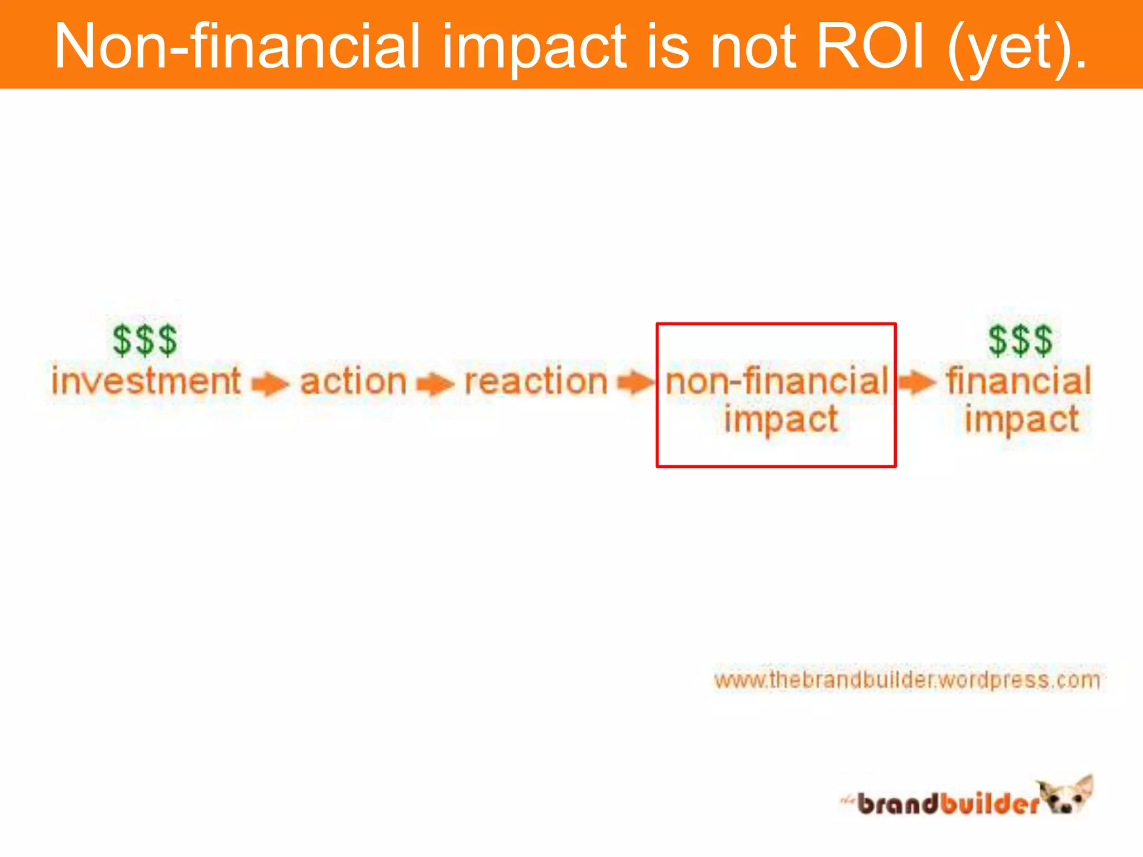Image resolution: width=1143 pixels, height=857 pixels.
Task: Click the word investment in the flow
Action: [146, 381]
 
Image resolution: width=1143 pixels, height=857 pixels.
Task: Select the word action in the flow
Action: [353, 382]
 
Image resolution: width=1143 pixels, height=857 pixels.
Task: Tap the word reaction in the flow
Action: [536, 382]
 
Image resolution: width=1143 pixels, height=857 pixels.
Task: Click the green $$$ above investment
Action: [145, 340]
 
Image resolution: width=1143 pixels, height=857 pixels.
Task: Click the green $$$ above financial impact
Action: [1020, 340]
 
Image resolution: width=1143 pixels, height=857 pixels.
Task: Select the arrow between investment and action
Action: [270, 384]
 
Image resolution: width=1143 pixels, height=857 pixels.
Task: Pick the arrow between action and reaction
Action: [435, 384]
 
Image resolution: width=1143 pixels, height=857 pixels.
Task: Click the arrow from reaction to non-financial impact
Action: [635, 383]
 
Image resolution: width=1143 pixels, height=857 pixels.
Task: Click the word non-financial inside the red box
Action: [777, 382]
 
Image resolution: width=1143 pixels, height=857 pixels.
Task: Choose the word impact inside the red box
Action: [781, 420]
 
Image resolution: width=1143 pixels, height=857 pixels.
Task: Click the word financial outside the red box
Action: [1019, 382]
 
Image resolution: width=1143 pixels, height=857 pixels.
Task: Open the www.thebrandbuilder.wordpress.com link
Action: [907, 680]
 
